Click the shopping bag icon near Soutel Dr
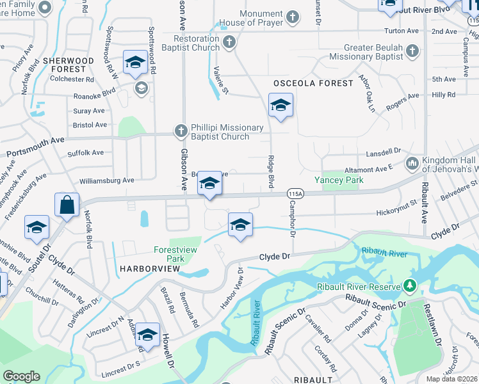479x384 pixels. click(67, 205)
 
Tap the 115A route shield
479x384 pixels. click(295, 193)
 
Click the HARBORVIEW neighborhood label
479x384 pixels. click(149, 269)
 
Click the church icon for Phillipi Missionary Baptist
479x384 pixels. click(181, 131)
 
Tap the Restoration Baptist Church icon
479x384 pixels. click(229, 42)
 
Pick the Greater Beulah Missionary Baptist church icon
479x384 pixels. click(412, 50)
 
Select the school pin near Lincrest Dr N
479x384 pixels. click(147, 335)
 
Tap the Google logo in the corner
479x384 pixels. click(22, 376)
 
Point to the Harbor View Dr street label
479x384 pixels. click(232, 289)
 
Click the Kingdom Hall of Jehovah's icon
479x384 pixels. click(412, 163)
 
